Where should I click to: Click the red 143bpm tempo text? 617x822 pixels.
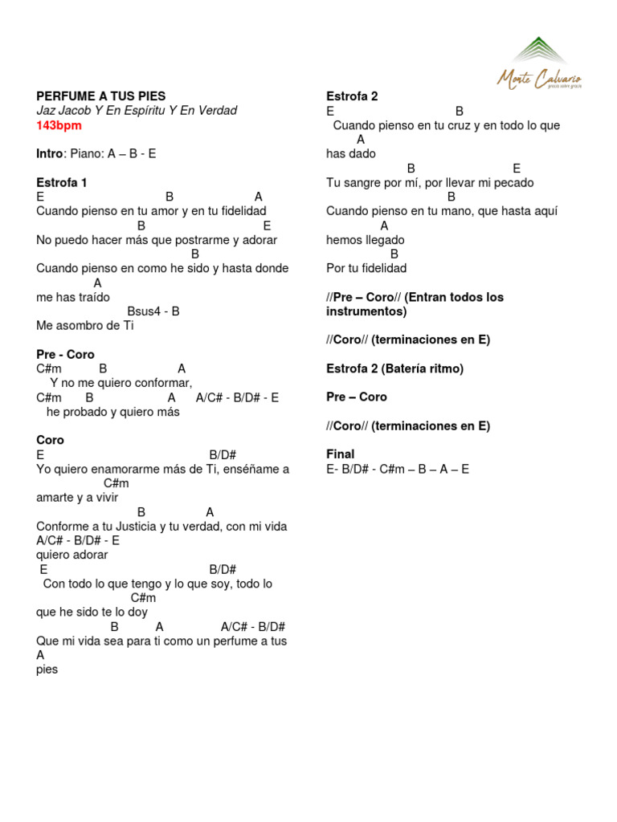[59, 125]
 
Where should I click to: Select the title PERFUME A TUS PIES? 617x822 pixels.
[100, 96]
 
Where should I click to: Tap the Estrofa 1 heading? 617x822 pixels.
[62, 182]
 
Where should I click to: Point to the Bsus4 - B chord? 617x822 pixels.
[153, 311]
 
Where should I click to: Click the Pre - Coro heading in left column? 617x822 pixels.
[65, 354]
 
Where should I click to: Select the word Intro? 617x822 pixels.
[49, 153]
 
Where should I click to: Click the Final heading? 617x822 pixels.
[340, 454]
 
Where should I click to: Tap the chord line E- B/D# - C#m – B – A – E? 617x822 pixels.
[398, 469]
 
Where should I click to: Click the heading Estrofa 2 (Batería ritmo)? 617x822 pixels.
[394, 368]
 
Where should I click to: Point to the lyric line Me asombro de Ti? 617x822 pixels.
[85, 326]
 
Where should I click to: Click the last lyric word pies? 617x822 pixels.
[47, 669]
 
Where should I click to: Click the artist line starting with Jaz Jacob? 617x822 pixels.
[137, 111]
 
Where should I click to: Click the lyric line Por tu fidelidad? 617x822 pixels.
[366, 268]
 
